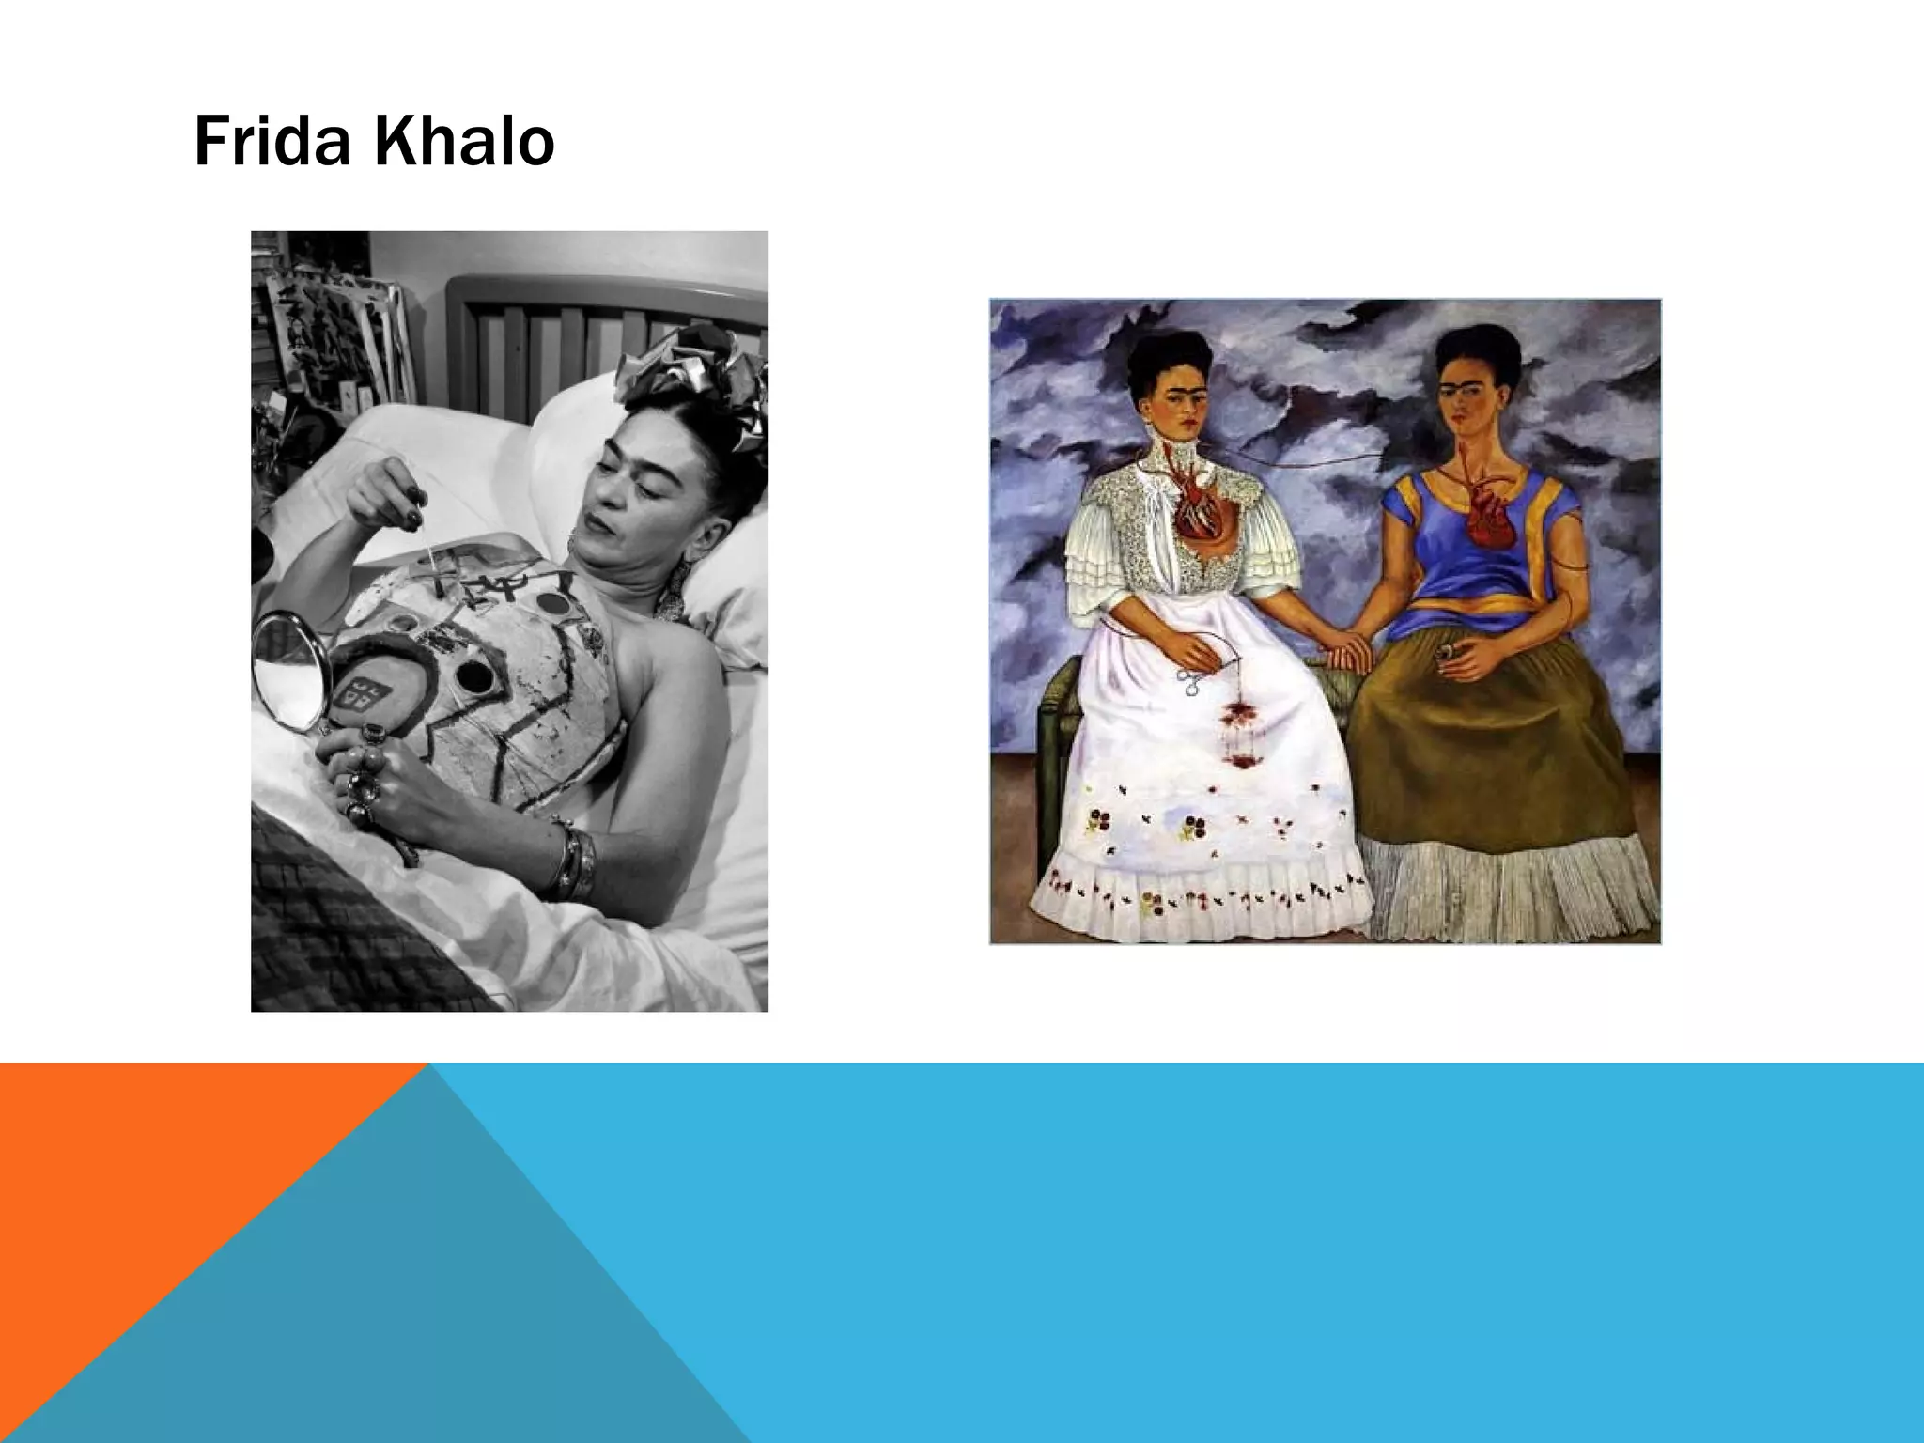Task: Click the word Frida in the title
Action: click(272, 143)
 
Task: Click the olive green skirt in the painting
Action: click(1494, 752)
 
